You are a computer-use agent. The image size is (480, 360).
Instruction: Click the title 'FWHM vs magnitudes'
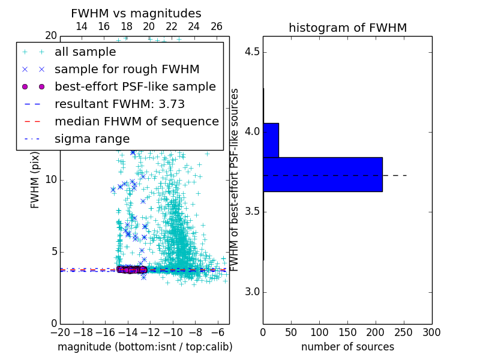click(x=136, y=13)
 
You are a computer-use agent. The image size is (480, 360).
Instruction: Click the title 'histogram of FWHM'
click(x=347, y=28)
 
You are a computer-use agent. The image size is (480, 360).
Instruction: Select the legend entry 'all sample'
click(x=85, y=52)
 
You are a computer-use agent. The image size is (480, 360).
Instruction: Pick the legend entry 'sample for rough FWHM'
click(x=127, y=69)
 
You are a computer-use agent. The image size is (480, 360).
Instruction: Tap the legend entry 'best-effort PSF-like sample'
click(x=135, y=86)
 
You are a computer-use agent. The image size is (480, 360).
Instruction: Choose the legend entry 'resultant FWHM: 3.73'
click(x=119, y=104)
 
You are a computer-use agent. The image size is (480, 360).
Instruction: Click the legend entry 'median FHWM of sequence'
click(x=136, y=121)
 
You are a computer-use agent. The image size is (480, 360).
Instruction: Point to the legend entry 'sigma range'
click(x=92, y=139)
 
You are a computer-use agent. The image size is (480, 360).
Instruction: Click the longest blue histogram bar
click(x=323, y=174)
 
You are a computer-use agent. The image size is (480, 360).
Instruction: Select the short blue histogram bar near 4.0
click(x=271, y=140)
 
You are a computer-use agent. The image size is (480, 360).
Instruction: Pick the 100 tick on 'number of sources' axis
click(x=319, y=332)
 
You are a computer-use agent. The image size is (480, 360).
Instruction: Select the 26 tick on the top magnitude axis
click(x=217, y=26)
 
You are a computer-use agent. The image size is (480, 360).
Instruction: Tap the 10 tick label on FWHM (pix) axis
click(x=51, y=180)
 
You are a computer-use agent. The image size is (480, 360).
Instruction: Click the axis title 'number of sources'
click(x=347, y=347)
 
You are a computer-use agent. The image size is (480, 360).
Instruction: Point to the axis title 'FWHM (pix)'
click(x=35, y=179)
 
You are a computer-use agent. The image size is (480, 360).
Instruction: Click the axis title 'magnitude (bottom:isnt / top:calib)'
click(x=145, y=347)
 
